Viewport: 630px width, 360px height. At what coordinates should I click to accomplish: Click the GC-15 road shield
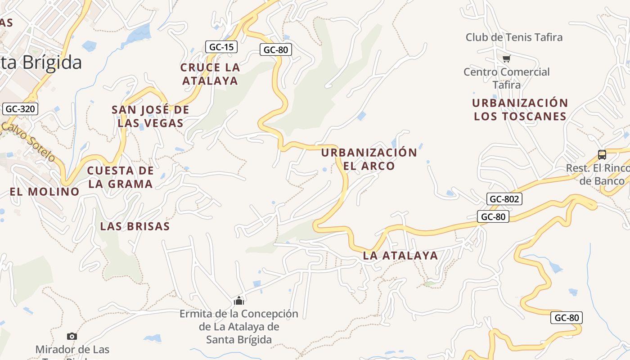click(x=221, y=46)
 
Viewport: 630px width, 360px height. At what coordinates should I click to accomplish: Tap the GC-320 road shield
click(x=20, y=108)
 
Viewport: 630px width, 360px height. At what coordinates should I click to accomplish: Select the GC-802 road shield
click(x=504, y=199)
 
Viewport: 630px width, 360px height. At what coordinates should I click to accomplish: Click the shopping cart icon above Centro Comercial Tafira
click(x=506, y=58)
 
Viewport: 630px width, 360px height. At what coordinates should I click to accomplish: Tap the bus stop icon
click(x=602, y=155)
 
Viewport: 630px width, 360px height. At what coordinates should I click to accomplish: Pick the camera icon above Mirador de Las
click(x=72, y=336)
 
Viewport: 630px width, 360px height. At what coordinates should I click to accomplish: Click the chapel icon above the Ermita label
click(x=239, y=301)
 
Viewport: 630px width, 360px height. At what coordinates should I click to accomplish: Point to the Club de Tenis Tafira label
click(x=514, y=37)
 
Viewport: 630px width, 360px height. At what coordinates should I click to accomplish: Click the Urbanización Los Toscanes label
click(x=520, y=109)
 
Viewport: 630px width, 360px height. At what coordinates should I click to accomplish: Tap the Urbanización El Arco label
click(x=369, y=159)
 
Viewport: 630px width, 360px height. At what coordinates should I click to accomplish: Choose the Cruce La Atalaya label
click(x=210, y=74)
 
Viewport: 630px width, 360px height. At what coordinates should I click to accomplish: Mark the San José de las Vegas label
click(x=151, y=116)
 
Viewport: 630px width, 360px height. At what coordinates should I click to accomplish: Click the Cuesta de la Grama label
click(x=120, y=177)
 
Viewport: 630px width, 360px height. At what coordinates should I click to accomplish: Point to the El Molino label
click(x=45, y=192)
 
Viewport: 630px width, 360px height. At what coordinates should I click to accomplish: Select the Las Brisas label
click(x=135, y=226)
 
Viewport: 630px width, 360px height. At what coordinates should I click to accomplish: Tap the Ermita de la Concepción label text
click(x=239, y=326)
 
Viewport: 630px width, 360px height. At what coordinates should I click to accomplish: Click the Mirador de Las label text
click(x=72, y=350)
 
